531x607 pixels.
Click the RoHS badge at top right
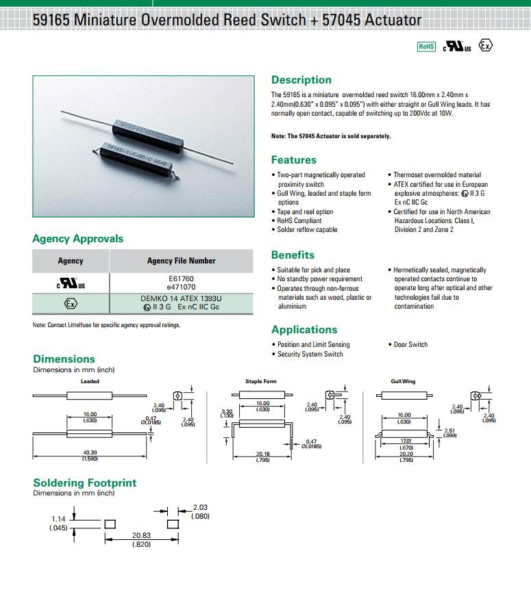click(426, 47)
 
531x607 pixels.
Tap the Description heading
click(301, 80)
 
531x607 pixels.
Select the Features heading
click(294, 160)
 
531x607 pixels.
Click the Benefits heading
click(293, 255)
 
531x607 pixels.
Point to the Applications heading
click(304, 330)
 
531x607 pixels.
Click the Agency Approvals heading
click(78, 239)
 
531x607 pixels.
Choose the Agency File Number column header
click(181, 261)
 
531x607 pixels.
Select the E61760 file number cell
click(181, 279)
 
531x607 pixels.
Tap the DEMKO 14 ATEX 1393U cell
click(181, 299)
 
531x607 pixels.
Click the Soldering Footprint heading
click(85, 483)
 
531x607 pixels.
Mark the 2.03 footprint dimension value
click(201, 507)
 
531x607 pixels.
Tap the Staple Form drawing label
click(261, 381)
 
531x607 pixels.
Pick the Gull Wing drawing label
click(403, 381)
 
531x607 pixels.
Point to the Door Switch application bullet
click(410, 345)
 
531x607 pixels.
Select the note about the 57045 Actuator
click(331, 136)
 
